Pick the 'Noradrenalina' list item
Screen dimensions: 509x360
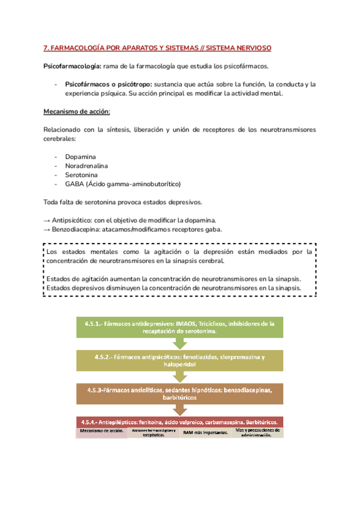click(86, 166)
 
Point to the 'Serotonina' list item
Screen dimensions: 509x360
click(82, 175)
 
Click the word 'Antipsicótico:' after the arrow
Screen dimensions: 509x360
click(74, 220)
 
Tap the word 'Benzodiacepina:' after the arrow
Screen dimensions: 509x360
click(79, 229)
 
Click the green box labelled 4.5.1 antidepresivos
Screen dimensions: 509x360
click(179, 327)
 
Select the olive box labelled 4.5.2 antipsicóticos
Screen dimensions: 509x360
click(179, 360)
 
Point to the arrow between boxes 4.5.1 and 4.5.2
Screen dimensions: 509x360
click(179, 343)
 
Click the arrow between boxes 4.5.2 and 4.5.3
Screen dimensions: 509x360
click(179, 377)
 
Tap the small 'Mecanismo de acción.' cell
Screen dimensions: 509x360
click(101, 432)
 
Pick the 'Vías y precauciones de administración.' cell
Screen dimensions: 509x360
click(259, 432)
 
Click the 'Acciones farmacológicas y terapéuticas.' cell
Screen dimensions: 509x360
click(154, 432)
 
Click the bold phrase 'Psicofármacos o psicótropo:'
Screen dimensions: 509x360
click(109, 84)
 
